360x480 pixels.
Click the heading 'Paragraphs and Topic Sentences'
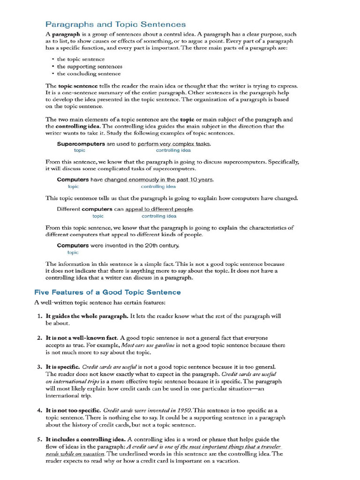115,24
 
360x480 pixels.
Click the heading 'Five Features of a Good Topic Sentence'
107,292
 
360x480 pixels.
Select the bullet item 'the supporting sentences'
90,67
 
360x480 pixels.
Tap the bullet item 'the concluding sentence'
89,74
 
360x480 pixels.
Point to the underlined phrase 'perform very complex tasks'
174,144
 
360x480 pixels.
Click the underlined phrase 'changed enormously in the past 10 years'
158,180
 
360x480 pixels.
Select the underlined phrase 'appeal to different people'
159,209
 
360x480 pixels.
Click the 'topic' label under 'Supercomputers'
80,150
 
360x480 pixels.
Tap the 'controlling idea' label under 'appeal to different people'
159,216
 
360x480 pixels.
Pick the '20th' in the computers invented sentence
145,245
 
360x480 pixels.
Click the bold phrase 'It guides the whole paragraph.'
87,316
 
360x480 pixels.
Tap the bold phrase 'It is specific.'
62,367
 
